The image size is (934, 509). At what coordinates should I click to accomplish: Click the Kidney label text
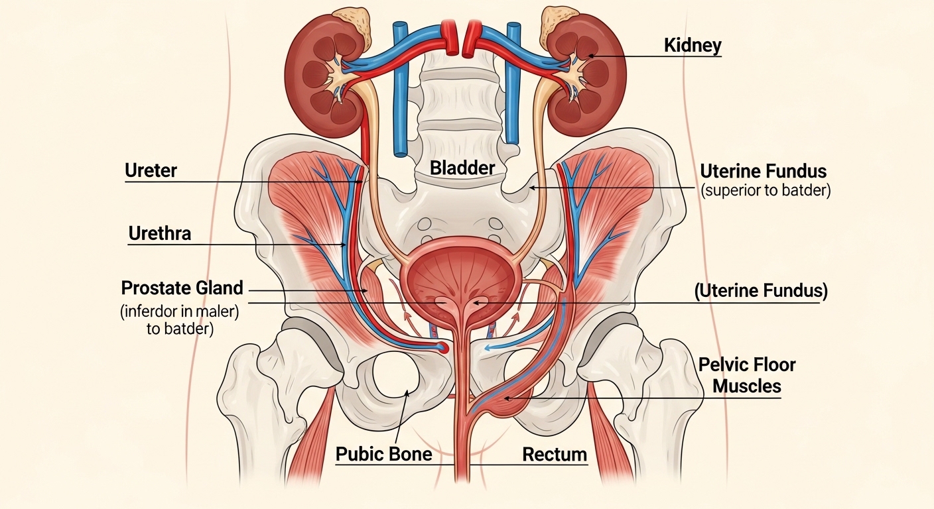coord(692,46)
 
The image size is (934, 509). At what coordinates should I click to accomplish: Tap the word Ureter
coord(151,171)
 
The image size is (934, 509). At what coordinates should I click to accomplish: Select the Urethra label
coord(159,233)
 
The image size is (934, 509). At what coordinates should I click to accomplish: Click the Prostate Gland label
coord(182,288)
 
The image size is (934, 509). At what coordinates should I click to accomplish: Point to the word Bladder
coord(462,168)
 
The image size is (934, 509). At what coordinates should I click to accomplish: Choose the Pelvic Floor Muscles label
coord(746,375)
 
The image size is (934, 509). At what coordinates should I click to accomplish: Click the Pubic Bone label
coord(384,455)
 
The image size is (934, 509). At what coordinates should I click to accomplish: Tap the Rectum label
coord(555,455)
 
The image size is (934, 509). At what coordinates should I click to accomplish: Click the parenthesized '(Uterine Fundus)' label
coord(761,290)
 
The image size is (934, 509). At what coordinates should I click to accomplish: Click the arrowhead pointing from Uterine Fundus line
coord(531,188)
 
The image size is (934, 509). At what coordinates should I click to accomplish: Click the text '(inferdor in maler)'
coord(178,311)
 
